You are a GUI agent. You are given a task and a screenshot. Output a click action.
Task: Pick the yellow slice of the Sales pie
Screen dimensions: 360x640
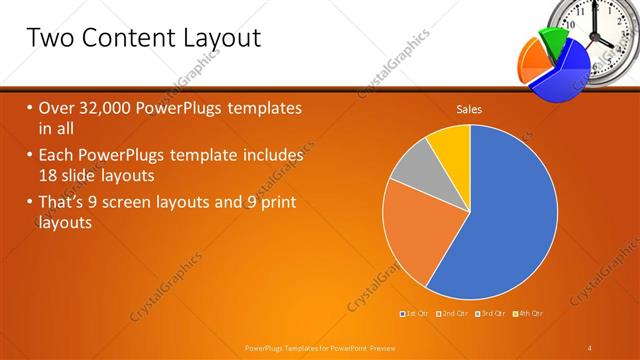coord(450,145)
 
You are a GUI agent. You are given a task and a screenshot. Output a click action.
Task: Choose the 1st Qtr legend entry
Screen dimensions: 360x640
coord(416,314)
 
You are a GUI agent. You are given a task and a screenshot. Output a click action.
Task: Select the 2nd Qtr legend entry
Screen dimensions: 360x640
coord(455,314)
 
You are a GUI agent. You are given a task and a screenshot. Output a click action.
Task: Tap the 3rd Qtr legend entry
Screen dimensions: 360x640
coord(493,314)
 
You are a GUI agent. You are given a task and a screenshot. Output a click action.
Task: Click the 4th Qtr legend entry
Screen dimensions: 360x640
coord(530,314)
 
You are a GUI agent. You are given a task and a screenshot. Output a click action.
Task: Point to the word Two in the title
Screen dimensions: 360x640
coord(49,38)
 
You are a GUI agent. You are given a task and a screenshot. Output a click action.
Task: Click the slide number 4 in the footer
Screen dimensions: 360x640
coord(590,347)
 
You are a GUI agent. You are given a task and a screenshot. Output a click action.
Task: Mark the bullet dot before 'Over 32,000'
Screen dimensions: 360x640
coord(30,107)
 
